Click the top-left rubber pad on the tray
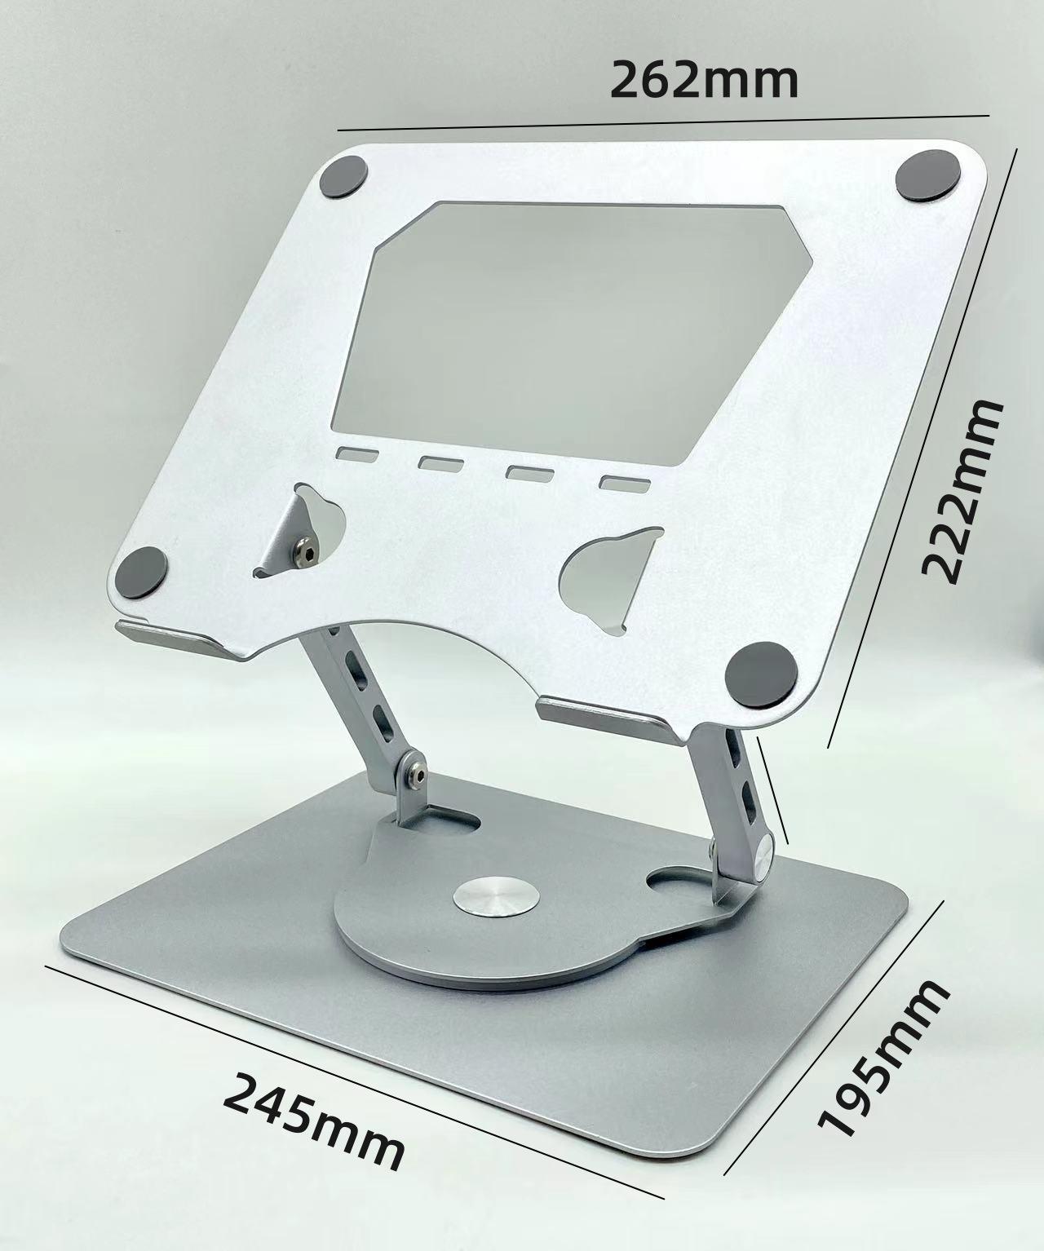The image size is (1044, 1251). click(344, 177)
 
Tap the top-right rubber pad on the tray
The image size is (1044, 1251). click(927, 175)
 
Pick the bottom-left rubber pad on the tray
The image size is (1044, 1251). click(141, 571)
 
